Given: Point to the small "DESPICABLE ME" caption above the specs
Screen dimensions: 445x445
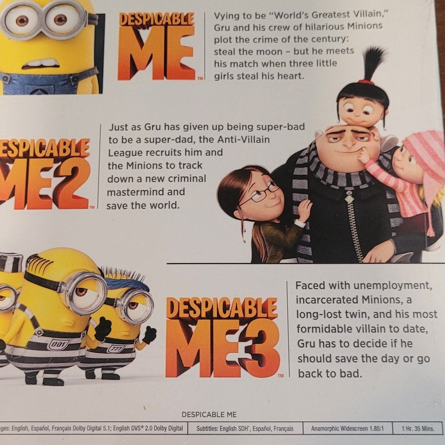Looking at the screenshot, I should pyautogui.click(x=209, y=414).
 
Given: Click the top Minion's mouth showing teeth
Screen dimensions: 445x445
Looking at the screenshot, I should pyautogui.click(x=41, y=64).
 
